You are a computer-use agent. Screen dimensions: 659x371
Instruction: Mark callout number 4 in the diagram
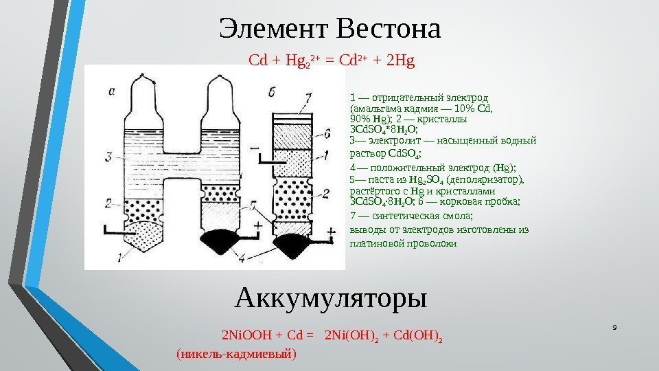(x=242, y=258)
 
